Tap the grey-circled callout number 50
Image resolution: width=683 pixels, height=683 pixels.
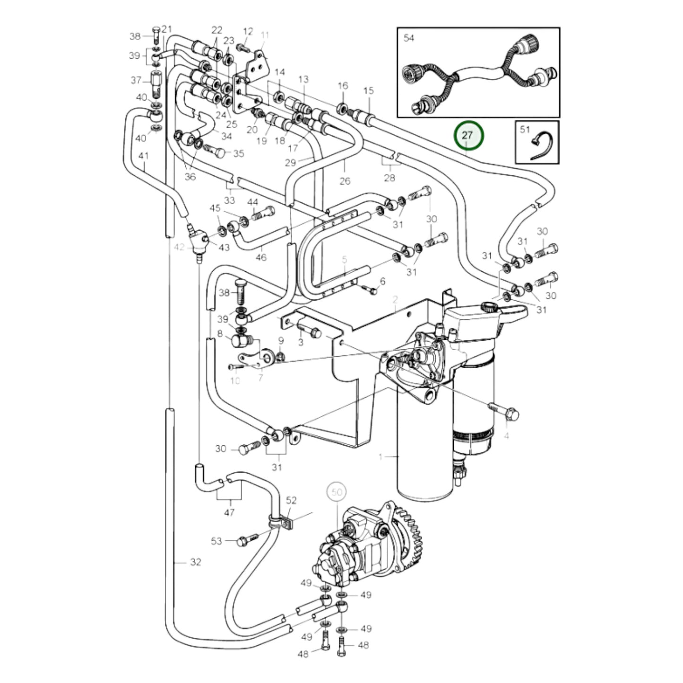click(x=336, y=493)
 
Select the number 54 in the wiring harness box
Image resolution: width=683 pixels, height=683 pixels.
click(x=409, y=38)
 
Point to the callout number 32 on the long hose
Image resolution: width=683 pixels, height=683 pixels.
click(x=195, y=562)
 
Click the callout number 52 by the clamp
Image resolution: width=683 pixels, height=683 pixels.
click(x=291, y=500)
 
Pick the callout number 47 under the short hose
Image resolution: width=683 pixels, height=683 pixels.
click(x=229, y=512)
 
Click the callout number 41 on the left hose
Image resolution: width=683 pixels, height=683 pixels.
click(x=144, y=156)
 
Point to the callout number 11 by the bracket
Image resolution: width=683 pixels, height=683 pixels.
click(x=264, y=35)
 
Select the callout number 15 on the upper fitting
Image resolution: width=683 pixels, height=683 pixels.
click(x=368, y=90)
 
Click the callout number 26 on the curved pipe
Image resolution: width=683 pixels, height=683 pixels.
click(x=345, y=181)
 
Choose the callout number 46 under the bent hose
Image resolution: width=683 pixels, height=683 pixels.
click(x=261, y=257)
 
